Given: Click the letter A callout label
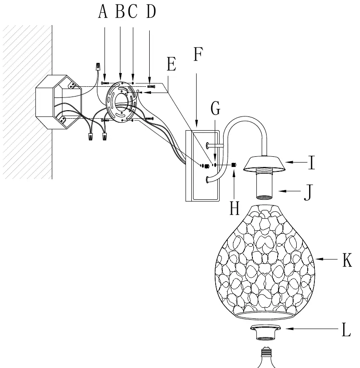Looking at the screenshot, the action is pyautogui.click(x=103, y=12).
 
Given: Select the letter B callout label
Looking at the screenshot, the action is pyautogui.click(x=120, y=11).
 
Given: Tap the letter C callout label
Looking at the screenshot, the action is pyautogui.click(x=132, y=11).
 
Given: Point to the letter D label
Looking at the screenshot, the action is pyautogui.click(x=151, y=11).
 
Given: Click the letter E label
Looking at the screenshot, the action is pyautogui.click(x=171, y=64).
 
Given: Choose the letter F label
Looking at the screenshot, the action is pyautogui.click(x=198, y=54).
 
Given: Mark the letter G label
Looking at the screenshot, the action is pyautogui.click(x=216, y=108).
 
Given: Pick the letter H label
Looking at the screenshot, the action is pyautogui.click(x=234, y=208).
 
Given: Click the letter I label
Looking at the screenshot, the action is pyautogui.click(x=312, y=163).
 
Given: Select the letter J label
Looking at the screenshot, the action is pyautogui.click(x=309, y=193).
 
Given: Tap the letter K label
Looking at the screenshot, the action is pyautogui.click(x=347, y=260).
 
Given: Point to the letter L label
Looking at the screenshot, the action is pyautogui.click(x=346, y=329).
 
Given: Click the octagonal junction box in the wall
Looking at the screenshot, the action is pyautogui.click(x=58, y=102).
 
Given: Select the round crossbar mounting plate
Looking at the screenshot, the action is pyautogui.click(x=121, y=102).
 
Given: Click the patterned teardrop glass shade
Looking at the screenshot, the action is pyautogui.click(x=265, y=262).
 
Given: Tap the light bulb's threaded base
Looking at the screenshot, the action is pyautogui.click(x=267, y=351).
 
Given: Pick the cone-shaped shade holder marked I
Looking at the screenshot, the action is pyautogui.click(x=264, y=164).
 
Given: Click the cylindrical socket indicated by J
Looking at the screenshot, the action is pyautogui.click(x=264, y=184).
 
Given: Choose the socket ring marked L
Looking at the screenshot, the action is pyautogui.click(x=265, y=332).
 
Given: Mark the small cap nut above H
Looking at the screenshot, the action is pyautogui.click(x=234, y=165).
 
